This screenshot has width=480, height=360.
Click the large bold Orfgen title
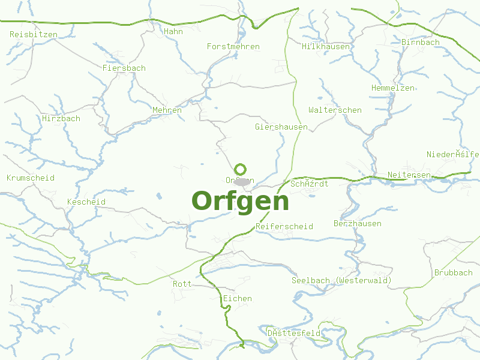[x=240, y=201]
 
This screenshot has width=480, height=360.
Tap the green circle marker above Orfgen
[x=241, y=169]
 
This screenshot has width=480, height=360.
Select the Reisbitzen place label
[x=34, y=35]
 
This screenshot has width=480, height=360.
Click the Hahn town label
[x=173, y=32]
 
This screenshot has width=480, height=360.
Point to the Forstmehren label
[x=233, y=47]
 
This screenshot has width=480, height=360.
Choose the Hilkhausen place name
[x=326, y=47]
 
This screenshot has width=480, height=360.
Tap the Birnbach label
[x=420, y=43]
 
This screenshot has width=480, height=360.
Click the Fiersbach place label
[x=124, y=68]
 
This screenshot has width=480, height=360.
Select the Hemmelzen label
[x=392, y=88]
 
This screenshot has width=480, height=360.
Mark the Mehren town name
[x=167, y=110]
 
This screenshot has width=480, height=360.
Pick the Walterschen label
[x=335, y=110]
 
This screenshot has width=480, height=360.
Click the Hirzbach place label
[x=61, y=119]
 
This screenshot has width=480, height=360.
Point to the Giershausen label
[x=281, y=127]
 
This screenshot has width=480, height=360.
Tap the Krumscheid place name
[x=30, y=178]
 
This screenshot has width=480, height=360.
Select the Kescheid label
[x=86, y=202]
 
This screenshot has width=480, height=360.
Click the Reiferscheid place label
[x=284, y=227]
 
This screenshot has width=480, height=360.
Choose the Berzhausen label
[x=357, y=224]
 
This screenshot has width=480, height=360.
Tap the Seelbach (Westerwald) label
[x=341, y=281]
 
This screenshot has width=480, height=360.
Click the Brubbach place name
[x=453, y=273]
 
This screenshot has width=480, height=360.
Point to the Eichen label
[x=237, y=299]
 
